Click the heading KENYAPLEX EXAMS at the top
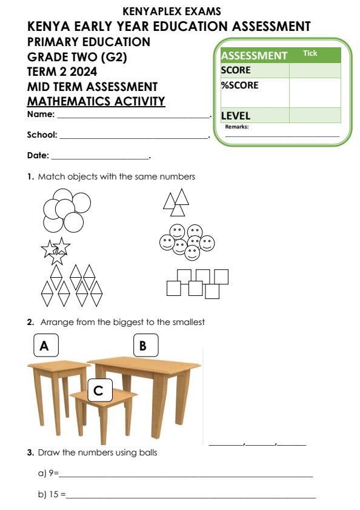(x=172, y=11)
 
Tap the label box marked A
(x=44, y=346)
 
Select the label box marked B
(x=145, y=345)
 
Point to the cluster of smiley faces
(x=187, y=241)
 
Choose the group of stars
(x=55, y=250)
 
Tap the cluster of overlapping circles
(x=66, y=210)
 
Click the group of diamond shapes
(x=72, y=285)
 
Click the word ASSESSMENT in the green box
(x=254, y=56)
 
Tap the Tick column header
(x=310, y=53)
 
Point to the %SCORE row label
(x=239, y=86)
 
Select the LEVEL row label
(x=236, y=115)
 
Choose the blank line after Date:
(x=100, y=158)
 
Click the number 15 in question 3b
(x=53, y=495)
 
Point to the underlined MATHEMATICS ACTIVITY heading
(x=96, y=101)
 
